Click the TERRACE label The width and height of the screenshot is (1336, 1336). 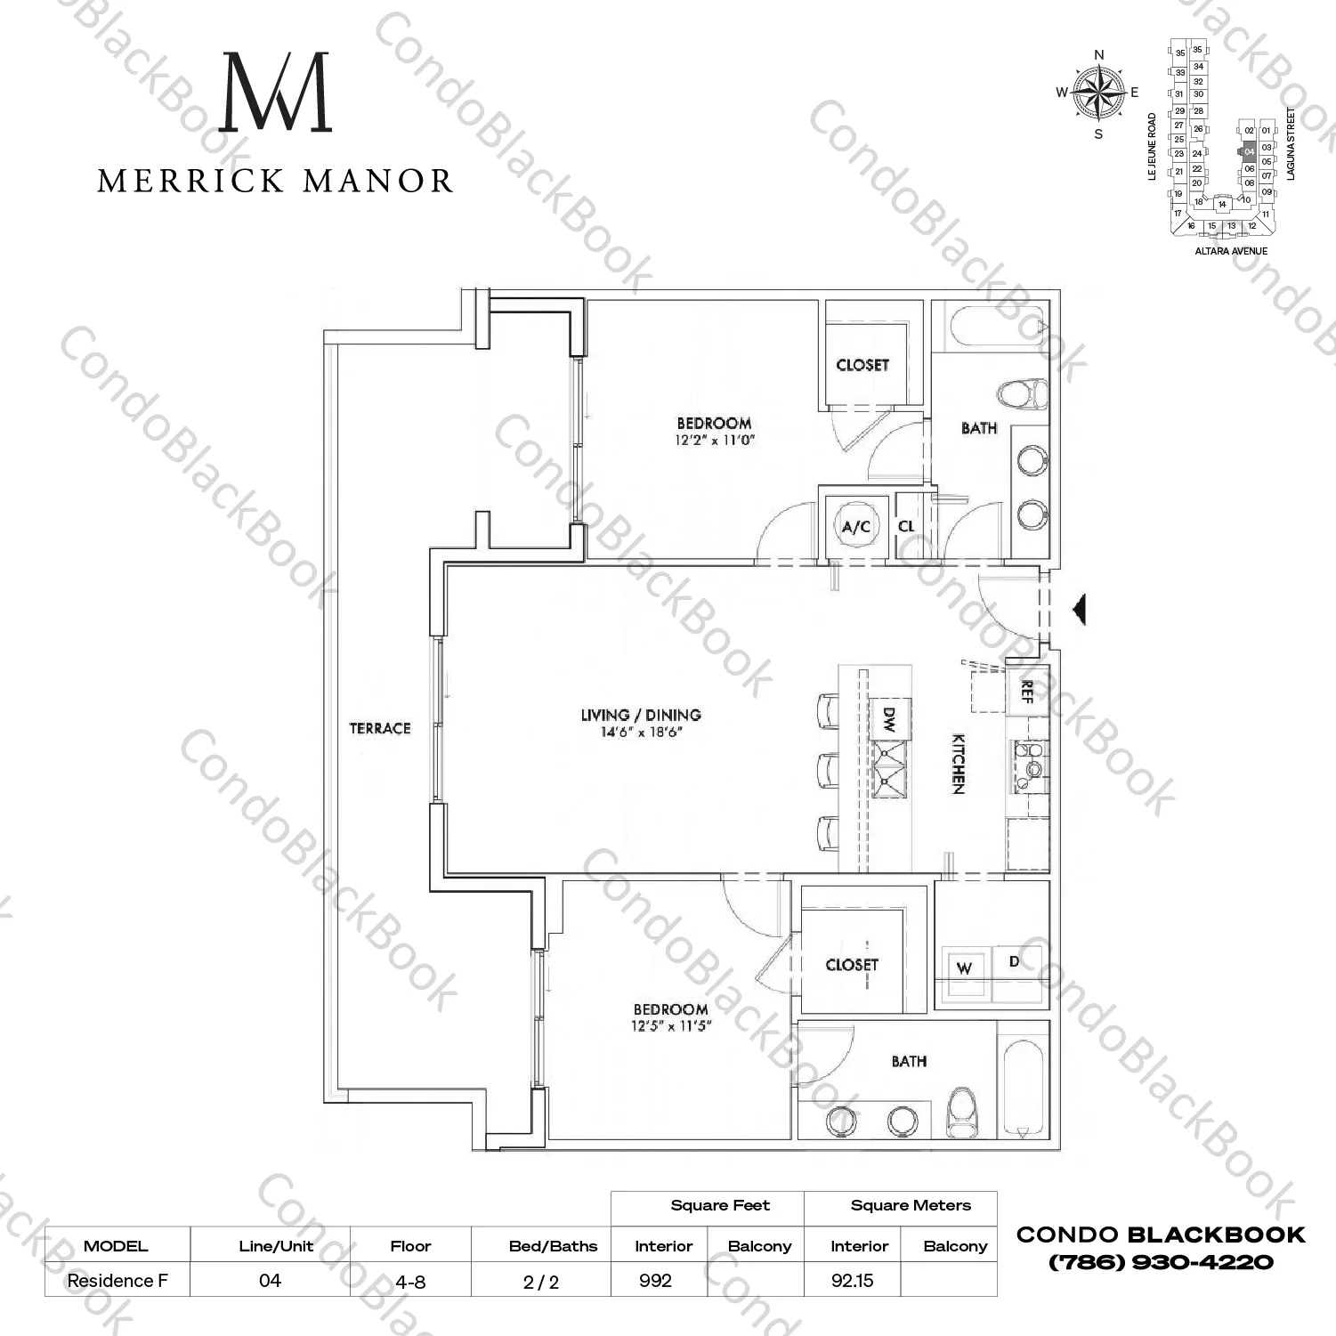pyautogui.click(x=380, y=728)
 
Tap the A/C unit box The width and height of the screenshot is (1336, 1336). pyautogui.click(x=856, y=526)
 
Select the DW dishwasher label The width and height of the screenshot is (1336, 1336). pyautogui.click(x=888, y=718)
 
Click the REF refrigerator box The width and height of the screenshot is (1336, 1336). pyautogui.click(x=1027, y=692)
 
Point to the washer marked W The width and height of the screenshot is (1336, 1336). pyautogui.click(x=964, y=968)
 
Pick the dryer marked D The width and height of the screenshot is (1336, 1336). pyautogui.click(x=1015, y=962)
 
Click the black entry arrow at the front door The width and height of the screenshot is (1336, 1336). pyautogui.click(x=1079, y=610)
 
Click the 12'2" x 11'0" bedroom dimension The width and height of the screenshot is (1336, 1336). pyautogui.click(x=714, y=441)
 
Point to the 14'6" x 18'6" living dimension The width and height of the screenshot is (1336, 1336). pyautogui.click(x=641, y=733)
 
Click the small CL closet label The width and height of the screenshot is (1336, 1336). pyautogui.click(x=906, y=526)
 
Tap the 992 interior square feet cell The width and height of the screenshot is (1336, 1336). pyautogui.click(x=656, y=1281)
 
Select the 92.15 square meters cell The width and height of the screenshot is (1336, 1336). pyautogui.click(x=852, y=1281)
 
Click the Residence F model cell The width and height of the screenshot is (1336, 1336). pyautogui.click(x=117, y=1281)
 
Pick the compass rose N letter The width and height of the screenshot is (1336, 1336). pyautogui.click(x=1098, y=55)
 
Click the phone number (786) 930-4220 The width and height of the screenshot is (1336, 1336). pyautogui.click(x=1161, y=1262)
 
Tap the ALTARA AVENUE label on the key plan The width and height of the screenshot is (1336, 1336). pyautogui.click(x=1231, y=251)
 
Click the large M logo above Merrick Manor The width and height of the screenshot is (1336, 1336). pyautogui.click(x=275, y=93)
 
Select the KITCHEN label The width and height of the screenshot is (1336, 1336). pyautogui.click(x=959, y=764)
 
